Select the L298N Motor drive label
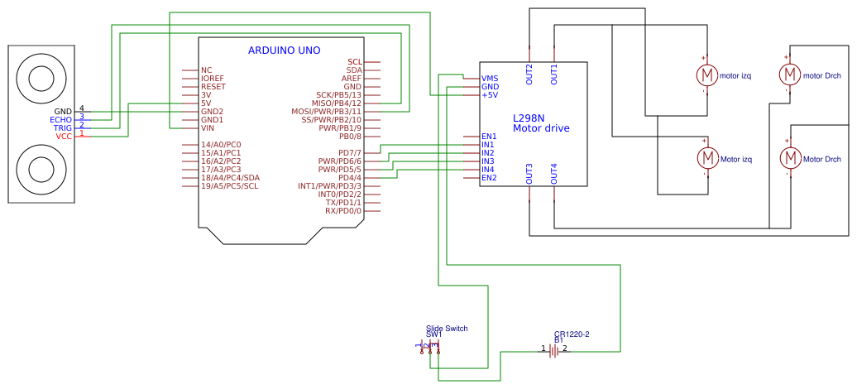(541, 123)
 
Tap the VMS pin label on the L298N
(490, 79)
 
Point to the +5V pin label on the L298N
(490, 95)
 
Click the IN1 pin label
(488, 145)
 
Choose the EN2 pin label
(489, 178)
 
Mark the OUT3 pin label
(529, 174)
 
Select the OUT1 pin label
(554, 74)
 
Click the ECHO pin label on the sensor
(61, 120)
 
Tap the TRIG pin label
(63, 128)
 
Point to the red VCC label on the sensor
(64, 137)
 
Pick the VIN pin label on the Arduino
(208, 128)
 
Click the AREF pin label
(352, 79)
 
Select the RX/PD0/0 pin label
(342, 211)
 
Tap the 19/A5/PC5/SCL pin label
(229, 186)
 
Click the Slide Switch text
(447, 329)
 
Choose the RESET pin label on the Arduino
(213, 87)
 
